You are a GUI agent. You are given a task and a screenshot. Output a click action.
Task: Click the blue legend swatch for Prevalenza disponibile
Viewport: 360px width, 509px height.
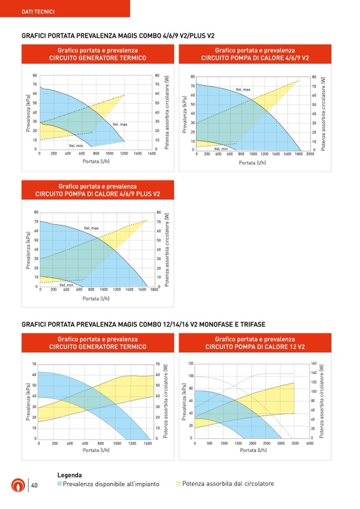(59, 484)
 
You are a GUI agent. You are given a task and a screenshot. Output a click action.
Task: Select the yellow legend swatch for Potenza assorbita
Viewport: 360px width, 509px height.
(178, 484)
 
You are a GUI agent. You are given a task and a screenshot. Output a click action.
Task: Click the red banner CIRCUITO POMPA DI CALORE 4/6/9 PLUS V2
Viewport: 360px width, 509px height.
(97, 190)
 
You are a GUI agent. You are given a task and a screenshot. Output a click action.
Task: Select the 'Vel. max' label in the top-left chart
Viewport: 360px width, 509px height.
(120, 124)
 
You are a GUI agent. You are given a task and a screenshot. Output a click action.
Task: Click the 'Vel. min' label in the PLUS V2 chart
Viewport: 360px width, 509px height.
(66, 285)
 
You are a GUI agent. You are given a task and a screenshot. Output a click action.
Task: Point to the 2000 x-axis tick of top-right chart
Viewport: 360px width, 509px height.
(310, 154)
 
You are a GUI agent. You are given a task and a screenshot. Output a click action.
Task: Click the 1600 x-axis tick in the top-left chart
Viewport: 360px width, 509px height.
(152, 153)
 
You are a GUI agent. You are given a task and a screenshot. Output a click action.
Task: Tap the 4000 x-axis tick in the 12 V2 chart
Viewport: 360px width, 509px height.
(310, 443)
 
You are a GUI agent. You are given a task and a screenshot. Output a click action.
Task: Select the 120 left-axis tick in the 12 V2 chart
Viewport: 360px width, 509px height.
(190, 364)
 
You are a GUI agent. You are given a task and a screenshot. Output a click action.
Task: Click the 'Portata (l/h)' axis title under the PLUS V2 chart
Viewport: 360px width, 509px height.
(97, 298)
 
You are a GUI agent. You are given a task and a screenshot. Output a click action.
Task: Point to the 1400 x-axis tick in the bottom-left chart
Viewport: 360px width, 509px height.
(147, 443)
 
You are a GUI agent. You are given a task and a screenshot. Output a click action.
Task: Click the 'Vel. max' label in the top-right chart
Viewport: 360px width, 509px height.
(243, 90)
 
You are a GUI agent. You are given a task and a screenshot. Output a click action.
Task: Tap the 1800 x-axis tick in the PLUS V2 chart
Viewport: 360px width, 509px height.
(154, 290)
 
